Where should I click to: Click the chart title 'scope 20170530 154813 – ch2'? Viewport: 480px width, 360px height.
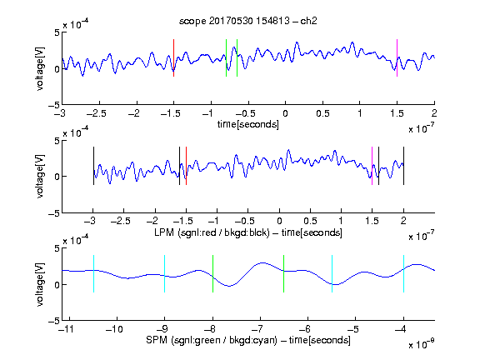point(248,21)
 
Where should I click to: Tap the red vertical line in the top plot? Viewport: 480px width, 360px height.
point(174,57)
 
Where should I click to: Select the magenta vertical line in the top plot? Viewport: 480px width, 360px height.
point(397,57)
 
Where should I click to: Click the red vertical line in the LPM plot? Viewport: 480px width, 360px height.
point(186,166)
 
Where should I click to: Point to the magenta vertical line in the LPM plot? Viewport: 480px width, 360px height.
point(372,166)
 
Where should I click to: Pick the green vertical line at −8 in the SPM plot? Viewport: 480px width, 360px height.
point(212,273)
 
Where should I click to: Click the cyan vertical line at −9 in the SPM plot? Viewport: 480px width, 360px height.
point(165,273)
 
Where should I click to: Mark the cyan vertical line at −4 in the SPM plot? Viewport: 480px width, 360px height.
point(404,273)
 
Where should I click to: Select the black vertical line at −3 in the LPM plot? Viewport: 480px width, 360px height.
point(93,166)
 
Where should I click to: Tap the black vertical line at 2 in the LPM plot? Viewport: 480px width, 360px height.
point(404,166)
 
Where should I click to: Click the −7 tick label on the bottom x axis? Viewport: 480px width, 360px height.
point(257,329)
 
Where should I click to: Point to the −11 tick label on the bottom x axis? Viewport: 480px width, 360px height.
point(65,329)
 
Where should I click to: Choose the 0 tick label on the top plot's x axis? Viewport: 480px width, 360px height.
point(285,113)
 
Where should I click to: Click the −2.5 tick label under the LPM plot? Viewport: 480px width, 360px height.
point(121,221)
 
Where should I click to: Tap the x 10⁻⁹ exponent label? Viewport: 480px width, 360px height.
point(422,344)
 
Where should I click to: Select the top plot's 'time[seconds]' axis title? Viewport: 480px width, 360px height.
point(248,124)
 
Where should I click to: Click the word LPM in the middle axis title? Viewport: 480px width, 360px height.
point(164,232)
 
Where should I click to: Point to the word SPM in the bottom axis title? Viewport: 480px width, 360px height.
point(157,340)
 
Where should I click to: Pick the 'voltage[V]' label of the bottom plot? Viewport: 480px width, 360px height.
point(40,285)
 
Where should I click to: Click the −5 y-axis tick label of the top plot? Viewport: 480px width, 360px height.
point(54,105)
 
